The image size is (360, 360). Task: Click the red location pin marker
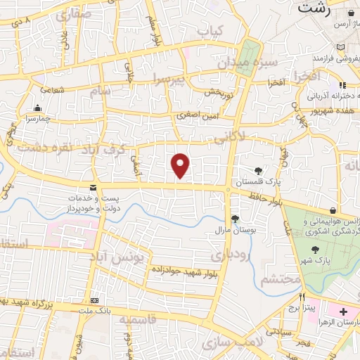point(181,165)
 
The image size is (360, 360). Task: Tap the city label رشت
point(314,8)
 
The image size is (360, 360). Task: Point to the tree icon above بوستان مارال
point(235,218)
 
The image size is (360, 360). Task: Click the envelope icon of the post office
point(93,187)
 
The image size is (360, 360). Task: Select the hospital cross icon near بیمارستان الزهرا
point(343,311)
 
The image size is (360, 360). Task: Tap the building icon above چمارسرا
point(37,108)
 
